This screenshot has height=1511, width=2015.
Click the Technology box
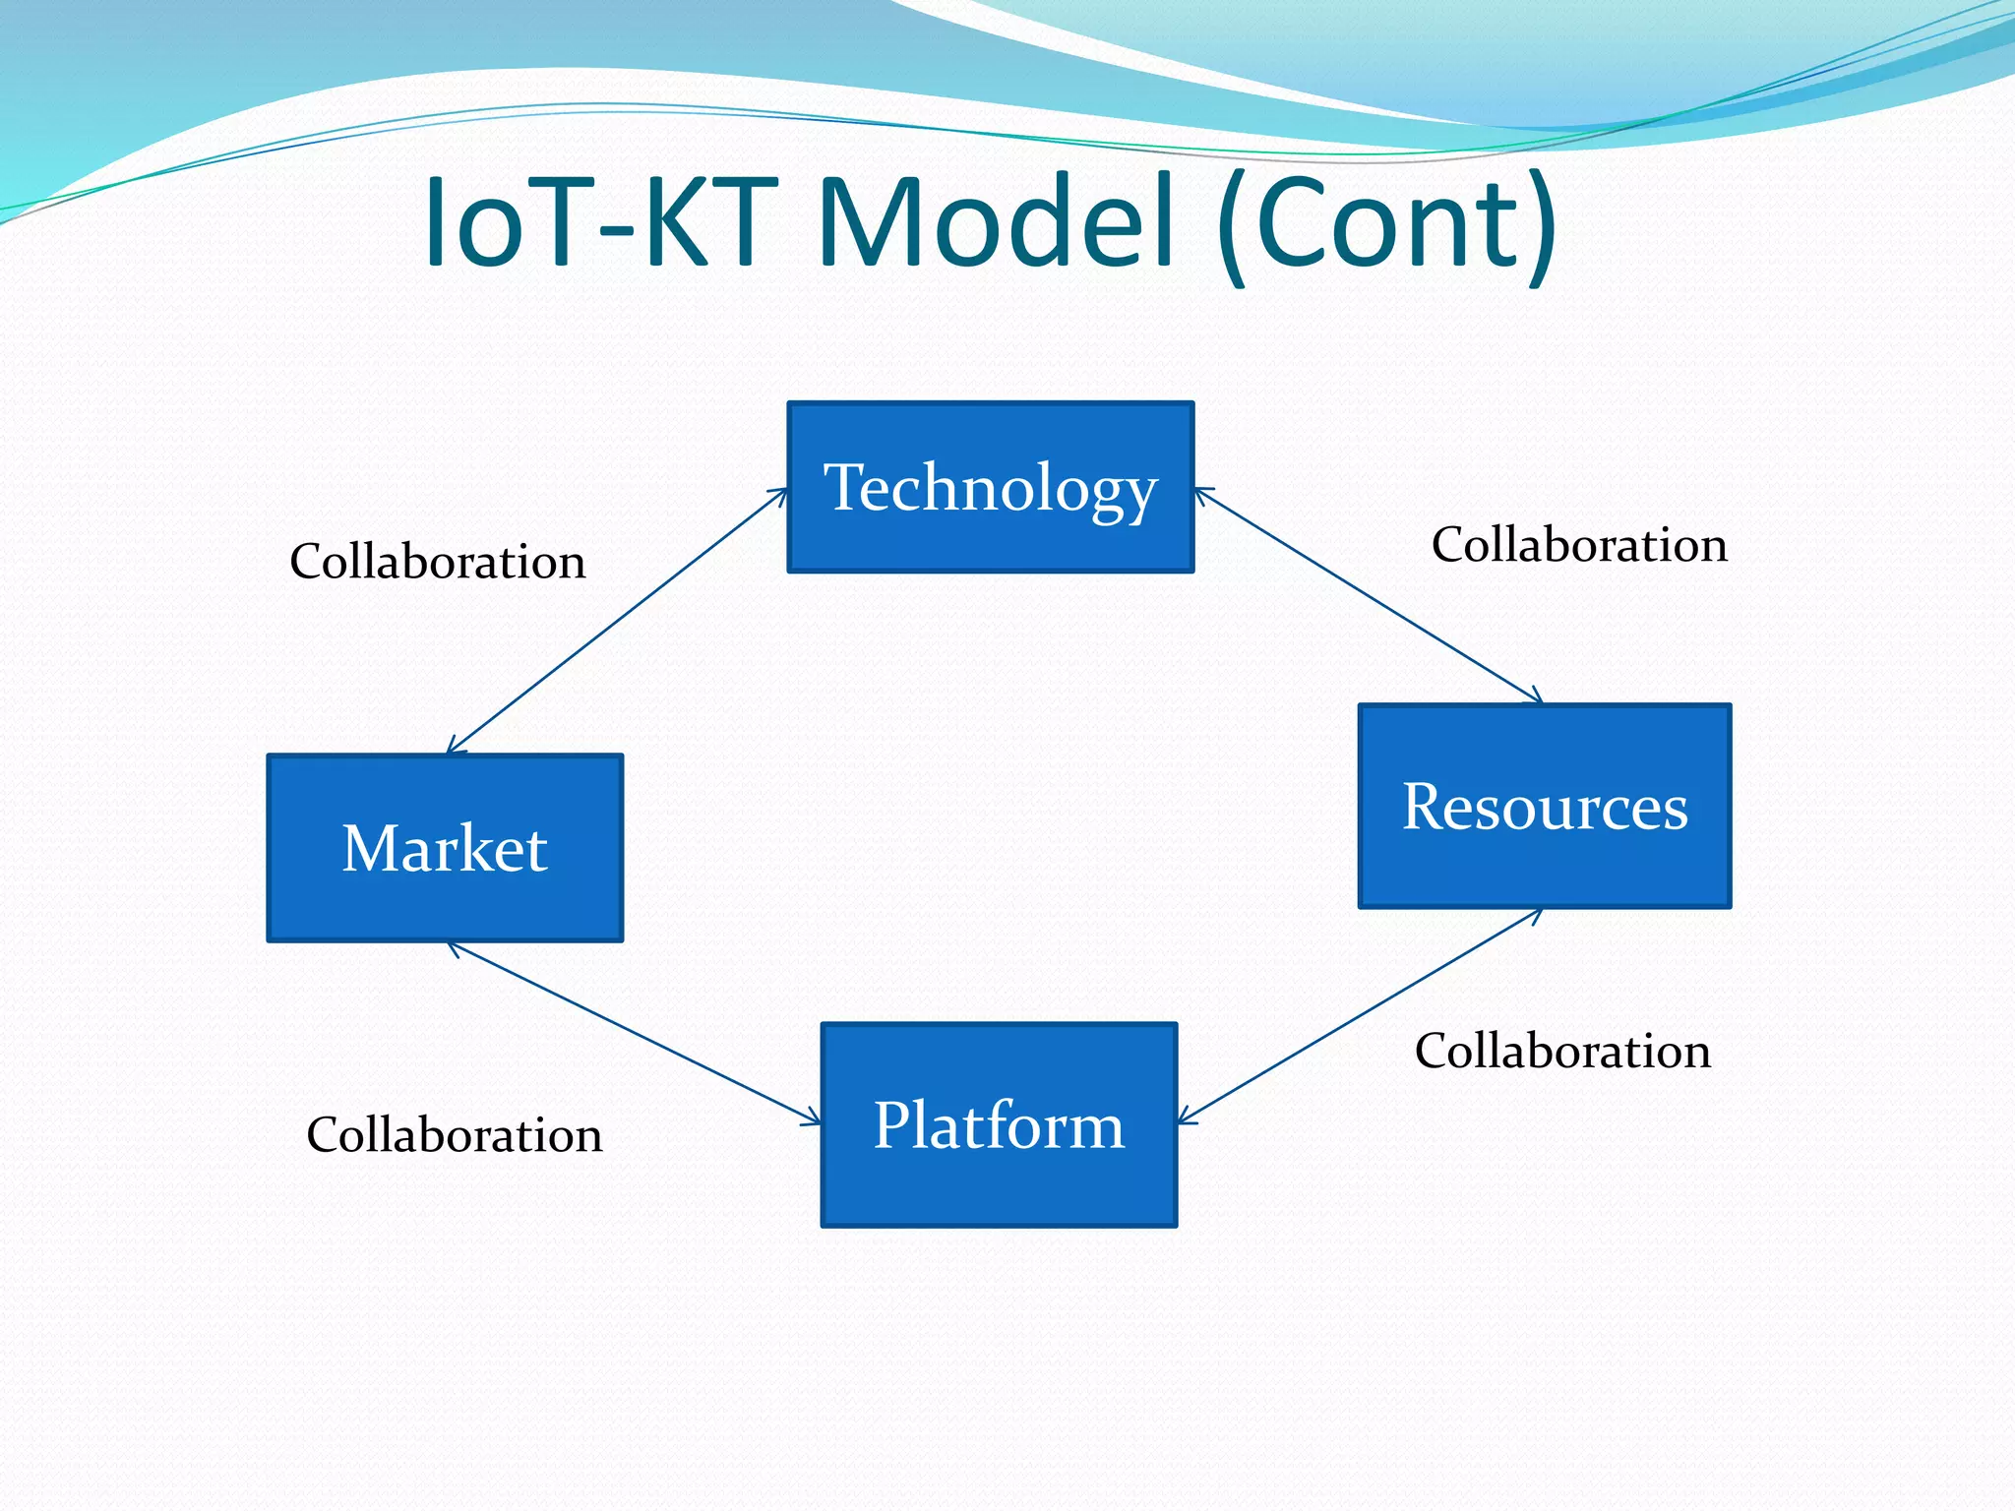(990, 487)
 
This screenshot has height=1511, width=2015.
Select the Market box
(445, 848)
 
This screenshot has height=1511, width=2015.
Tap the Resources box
(1544, 806)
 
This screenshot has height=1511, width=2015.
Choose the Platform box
(999, 1124)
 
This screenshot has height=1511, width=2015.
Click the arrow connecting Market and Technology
(618, 621)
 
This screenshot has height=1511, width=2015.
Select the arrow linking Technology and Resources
(1368, 596)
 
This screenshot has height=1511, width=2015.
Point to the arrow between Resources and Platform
(1360, 1016)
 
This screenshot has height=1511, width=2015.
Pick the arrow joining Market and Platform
(634, 1033)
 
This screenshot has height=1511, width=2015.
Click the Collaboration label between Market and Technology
(438, 562)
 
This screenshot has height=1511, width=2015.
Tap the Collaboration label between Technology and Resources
(1579, 545)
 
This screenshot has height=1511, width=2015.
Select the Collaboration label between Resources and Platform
(1562, 1051)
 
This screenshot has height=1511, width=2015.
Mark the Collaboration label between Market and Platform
(455, 1135)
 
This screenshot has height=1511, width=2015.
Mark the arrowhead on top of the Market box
(454, 748)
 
